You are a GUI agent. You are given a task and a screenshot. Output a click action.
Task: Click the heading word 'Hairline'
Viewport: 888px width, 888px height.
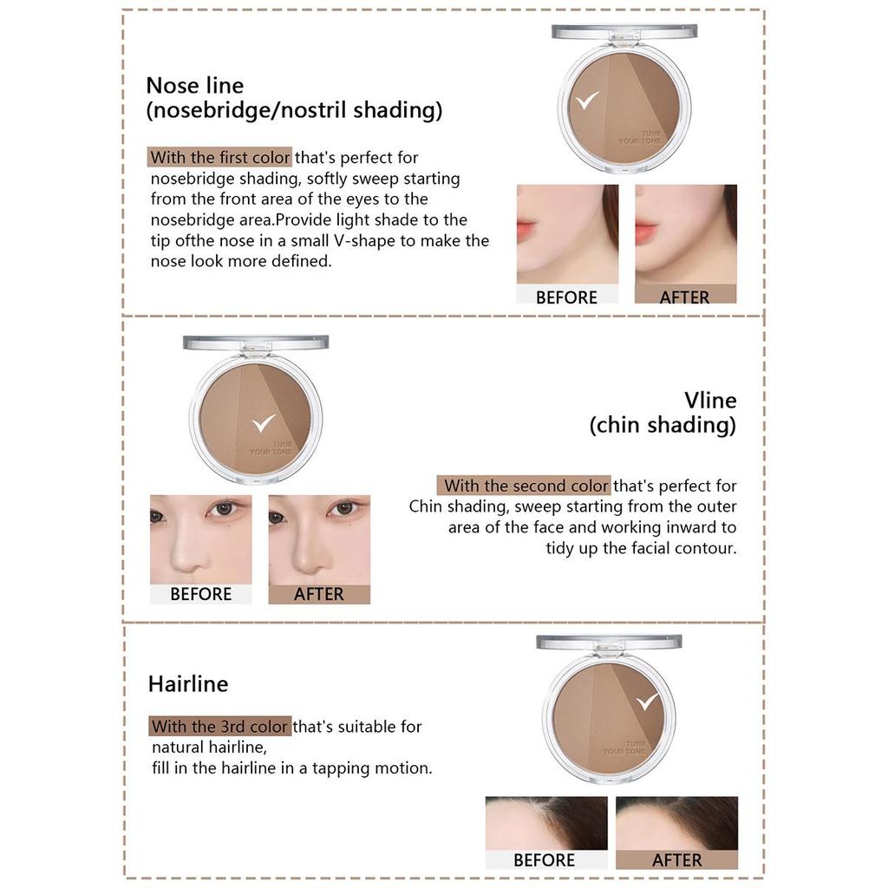[188, 684]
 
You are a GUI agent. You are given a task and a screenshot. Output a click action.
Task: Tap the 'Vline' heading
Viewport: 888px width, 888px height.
[710, 400]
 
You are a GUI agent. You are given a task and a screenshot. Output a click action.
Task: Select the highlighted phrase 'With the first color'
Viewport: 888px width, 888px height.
[219, 158]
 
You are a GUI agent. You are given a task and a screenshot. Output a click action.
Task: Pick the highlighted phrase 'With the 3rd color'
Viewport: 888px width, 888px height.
[219, 727]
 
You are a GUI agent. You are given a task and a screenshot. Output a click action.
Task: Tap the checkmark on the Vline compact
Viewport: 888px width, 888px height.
[262, 422]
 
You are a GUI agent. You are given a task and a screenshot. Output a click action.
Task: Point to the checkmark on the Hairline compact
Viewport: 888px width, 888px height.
[647, 701]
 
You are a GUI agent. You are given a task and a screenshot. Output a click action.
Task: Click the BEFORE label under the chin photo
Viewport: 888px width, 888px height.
[566, 297]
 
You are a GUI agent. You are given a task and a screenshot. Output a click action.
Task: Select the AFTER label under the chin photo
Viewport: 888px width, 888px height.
[684, 297]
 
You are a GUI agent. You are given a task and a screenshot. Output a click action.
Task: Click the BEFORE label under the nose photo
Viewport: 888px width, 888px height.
[200, 594]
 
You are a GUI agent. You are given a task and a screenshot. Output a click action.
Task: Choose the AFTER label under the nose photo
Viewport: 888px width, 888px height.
[318, 594]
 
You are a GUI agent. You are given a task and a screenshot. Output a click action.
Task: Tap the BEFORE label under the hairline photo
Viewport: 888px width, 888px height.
[544, 860]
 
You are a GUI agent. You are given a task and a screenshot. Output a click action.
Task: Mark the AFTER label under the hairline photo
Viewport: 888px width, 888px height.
[676, 860]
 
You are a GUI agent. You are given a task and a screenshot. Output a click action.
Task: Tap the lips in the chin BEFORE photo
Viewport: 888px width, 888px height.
[526, 232]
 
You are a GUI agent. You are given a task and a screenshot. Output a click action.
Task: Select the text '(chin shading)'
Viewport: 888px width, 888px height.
[663, 425]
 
